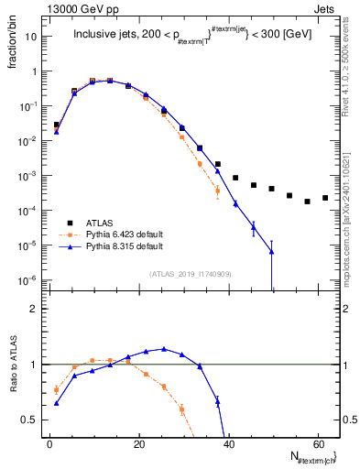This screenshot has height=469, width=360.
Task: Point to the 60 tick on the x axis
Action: pyautogui.click(x=316, y=442)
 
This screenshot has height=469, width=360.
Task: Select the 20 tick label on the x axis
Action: pyautogui.click(x=138, y=442)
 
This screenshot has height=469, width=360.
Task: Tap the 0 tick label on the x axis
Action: pyautogui.click(x=49, y=442)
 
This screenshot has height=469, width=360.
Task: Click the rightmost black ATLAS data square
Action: pyautogui.click(x=325, y=198)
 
